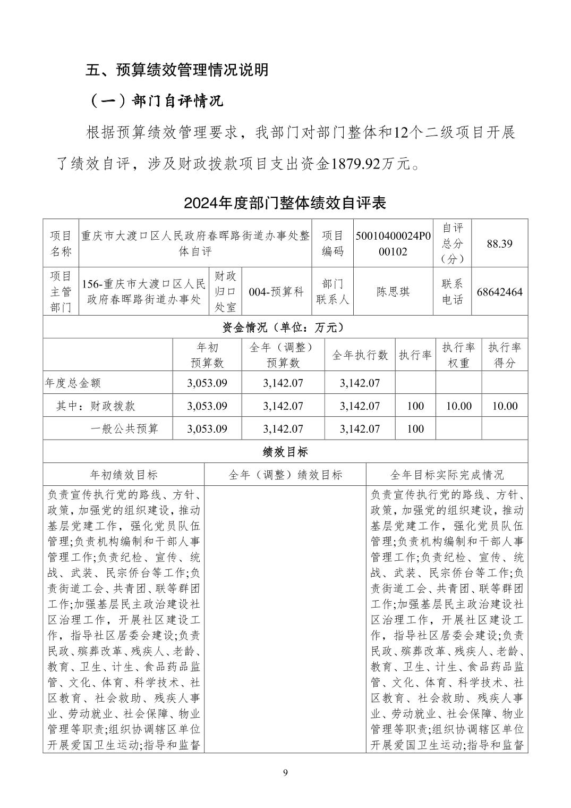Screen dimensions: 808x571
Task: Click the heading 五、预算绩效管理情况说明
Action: (x=177, y=70)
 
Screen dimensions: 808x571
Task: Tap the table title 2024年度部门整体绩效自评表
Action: (x=285, y=203)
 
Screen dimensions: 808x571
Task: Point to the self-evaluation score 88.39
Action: (x=499, y=243)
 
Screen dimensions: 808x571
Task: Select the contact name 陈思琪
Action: (x=393, y=292)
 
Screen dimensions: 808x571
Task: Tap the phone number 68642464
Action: (x=499, y=292)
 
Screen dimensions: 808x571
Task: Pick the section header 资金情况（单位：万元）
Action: (x=285, y=327)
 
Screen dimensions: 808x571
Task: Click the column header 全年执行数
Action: (x=360, y=355)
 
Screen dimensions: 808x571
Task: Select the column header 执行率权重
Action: (x=458, y=355)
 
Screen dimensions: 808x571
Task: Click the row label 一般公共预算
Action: (x=124, y=428)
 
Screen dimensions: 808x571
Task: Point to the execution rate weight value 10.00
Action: (x=458, y=406)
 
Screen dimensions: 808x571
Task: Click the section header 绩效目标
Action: (x=285, y=452)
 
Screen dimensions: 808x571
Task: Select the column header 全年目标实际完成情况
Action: (x=447, y=475)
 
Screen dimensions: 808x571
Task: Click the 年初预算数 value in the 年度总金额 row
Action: (x=207, y=383)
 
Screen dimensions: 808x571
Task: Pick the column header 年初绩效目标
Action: (x=124, y=475)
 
